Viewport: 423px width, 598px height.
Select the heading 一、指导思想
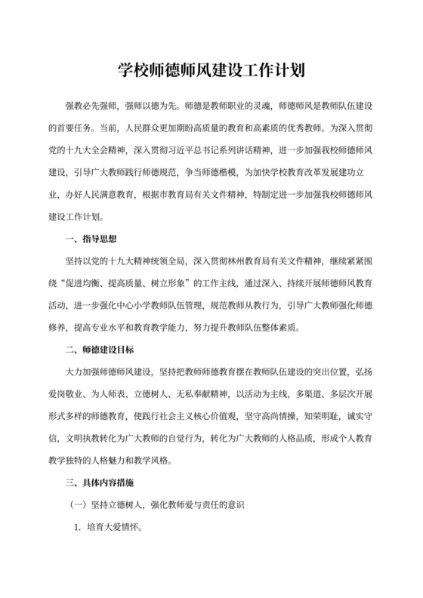(91, 241)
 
